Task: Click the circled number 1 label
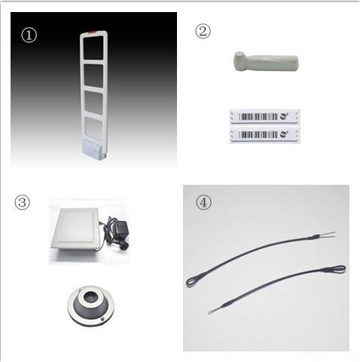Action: click(29, 35)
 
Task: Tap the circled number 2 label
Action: click(203, 31)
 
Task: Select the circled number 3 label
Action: click(22, 202)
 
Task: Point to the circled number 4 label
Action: click(203, 202)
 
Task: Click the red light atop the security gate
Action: click(92, 32)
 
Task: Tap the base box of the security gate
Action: click(93, 150)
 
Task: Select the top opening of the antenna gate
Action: click(93, 48)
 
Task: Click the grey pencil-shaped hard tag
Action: click(266, 61)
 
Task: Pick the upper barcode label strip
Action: click(265, 116)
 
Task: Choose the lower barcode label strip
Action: click(265, 134)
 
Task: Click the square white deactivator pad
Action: click(75, 229)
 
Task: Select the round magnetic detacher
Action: click(90, 305)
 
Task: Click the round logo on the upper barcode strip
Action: click(283, 116)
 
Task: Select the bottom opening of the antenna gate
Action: click(93, 127)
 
